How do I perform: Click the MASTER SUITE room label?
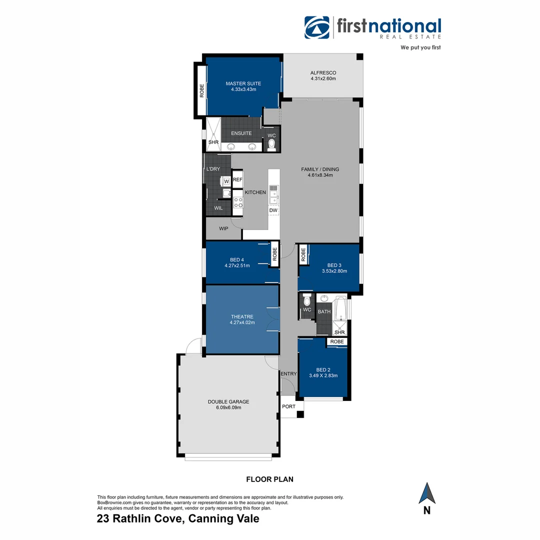pyautogui.click(x=243, y=83)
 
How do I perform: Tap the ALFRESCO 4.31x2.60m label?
pyautogui.click(x=323, y=73)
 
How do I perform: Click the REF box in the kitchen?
pyautogui.click(x=237, y=179)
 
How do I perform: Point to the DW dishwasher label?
pyautogui.click(x=273, y=210)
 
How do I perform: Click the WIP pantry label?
pyautogui.click(x=223, y=228)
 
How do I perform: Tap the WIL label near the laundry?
pyautogui.click(x=218, y=207)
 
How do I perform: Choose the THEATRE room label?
pyautogui.click(x=242, y=316)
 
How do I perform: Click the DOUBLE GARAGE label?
pyautogui.click(x=228, y=401)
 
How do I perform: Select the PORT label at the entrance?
pyautogui.click(x=288, y=406)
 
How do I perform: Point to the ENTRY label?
pyautogui.click(x=288, y=373)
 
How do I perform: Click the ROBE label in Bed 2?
pyautogui.click(x=337, y=341)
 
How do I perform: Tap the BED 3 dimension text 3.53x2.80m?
pyautogui.click(x=334, y=271)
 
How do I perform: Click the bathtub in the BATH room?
pyautogui.click(x=341, y=308)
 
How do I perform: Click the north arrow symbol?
pyautogui.click(x=427, y=493)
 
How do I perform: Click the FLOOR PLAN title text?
pyautogui.click(x=269, y=479)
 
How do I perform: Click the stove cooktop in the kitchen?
pyautogui.click(x=238, y=202)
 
